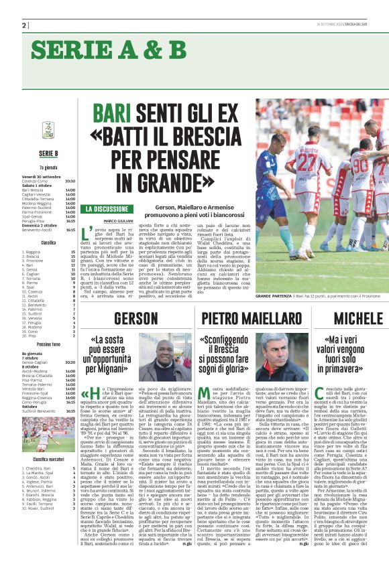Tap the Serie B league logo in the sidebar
(48, 129)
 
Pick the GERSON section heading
(136, 319)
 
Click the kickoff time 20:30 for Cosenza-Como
(70, 181)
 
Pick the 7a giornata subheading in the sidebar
(48, 167)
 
